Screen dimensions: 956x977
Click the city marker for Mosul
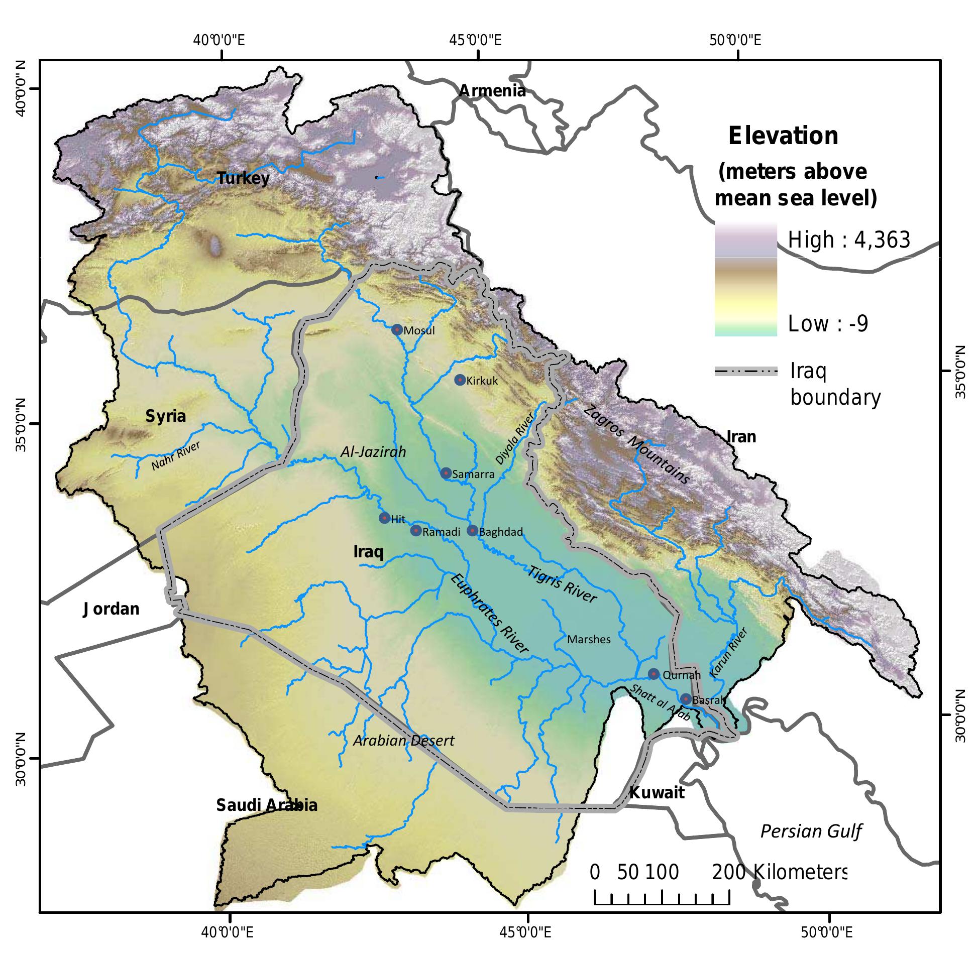point(397,330)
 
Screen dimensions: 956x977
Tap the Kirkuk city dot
point(459,380)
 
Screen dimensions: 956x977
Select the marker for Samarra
point(446,473)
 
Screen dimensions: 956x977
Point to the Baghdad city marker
point(472,530)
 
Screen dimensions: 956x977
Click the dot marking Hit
point(384,518)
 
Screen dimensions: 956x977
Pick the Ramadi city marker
point(415,530)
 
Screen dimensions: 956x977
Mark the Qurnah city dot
point(653,674)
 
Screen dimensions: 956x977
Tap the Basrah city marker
point(686,698)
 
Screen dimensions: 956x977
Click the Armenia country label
point(492,91)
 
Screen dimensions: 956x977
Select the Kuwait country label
point(657,793)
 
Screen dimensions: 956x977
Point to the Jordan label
point(111,609)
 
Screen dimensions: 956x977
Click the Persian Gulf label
point(811,831)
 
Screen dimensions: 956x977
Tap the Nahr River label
point(176,456)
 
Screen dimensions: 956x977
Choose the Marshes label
point(589,639)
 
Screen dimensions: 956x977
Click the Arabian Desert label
point(403,741)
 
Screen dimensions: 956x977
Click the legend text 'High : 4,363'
point(849,240)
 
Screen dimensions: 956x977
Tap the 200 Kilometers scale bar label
point(779,873)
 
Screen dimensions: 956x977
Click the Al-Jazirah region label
point(373,452)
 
